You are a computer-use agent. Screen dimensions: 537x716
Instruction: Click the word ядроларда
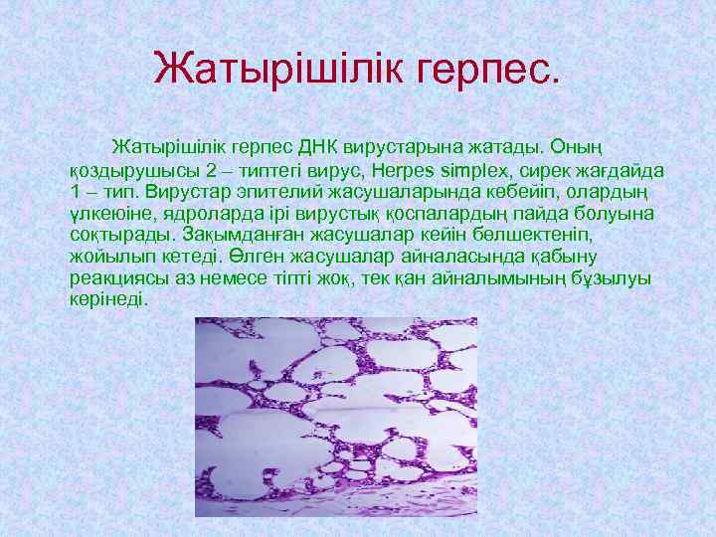coord(190,214)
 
